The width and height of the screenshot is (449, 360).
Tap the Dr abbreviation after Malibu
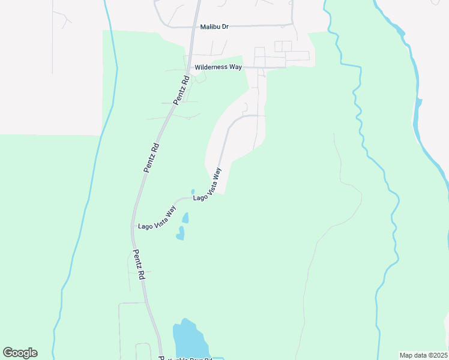pyautogui.click(x=226, y=26)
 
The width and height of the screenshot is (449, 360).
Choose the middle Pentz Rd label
pyautogui.click(x=152, y=157)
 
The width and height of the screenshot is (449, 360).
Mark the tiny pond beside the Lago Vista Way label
pyautogui.click(x=193, y=192)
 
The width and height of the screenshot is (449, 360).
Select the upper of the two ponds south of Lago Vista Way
pyautogui.click(x=185, y=217)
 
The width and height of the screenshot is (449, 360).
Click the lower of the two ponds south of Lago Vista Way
pyautogui.click(x=180, y=234)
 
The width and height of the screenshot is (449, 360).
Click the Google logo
pyautogui.click(x=20, y=353)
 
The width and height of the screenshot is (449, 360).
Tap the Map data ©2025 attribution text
pyautogui.click(x=424, y=355)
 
